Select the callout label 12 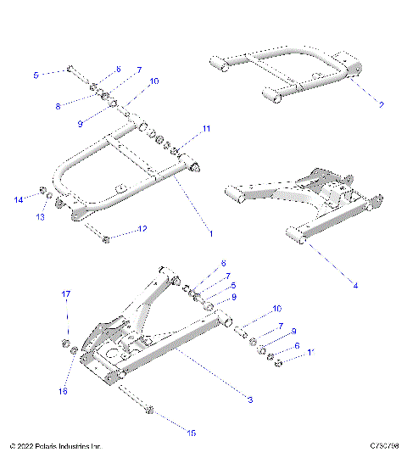click(142, 229)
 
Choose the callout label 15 click(191, 433)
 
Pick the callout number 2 click(382, 105)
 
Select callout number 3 click(250, 399)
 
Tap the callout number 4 click(355, 286)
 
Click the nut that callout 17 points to click(64, 343)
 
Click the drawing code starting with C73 click(383, 445)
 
